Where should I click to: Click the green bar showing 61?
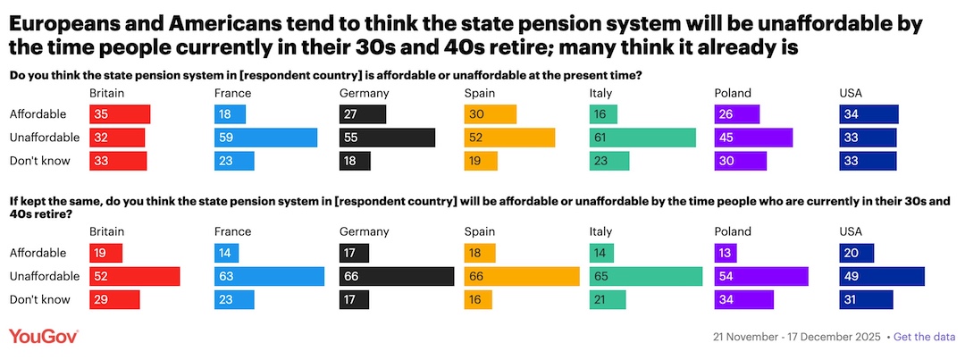coord(642,138)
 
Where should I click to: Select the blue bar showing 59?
coord(266,138)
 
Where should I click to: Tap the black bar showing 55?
coord(387,138)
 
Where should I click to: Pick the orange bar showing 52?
coord(509,138)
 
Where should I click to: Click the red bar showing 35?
coord(120,114)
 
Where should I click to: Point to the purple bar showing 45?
coord(753,138)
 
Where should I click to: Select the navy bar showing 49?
coord(882,277)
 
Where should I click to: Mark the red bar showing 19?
coord(106,254)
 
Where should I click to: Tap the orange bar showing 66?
coord(522,277)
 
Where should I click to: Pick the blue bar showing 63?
coord(269,277)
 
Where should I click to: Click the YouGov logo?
coord(44,337)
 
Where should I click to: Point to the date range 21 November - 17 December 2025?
coord(796,337)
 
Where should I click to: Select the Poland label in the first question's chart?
coord(733,93)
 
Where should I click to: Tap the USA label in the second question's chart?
coord(852,232)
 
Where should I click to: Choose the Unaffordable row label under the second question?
coord(45,277)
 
